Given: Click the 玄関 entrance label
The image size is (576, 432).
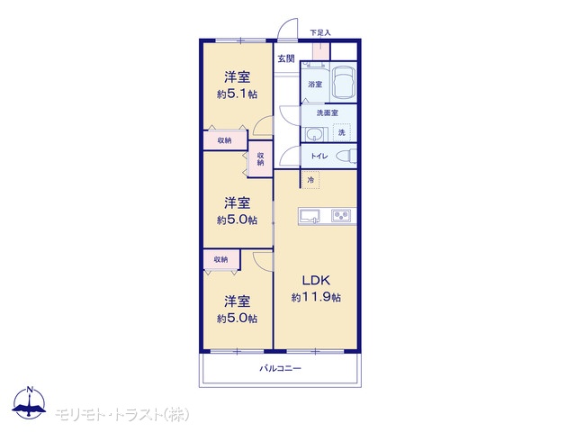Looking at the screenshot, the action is tap(286, 58).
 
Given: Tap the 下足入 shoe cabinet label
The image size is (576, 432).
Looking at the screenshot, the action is tap(320, 32).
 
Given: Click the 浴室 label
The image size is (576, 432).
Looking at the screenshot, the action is tap(315, 84).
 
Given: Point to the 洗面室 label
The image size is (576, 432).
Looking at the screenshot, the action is tap(328, 112).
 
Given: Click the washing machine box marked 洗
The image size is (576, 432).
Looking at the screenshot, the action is tap(342, 132).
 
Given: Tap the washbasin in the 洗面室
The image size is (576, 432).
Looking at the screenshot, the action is tap(314, 134).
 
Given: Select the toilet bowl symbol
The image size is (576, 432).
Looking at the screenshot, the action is tap(346, 156).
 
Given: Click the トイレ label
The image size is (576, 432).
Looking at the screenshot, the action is tap(319, 156).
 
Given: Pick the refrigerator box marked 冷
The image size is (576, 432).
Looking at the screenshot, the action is tap(310, 180).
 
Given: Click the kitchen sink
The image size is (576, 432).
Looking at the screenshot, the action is tap(310, 216).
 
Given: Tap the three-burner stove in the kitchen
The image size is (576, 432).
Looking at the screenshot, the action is tap(341, 215).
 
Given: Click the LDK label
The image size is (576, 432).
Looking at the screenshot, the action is tap(316, 280).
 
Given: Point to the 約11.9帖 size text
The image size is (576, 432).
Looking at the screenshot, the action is tap(316, 297).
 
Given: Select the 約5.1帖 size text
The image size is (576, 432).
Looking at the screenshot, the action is tap(237, 94).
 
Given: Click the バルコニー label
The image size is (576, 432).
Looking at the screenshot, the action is tap(280, 368).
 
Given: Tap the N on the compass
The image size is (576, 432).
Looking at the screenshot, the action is tap(30, 390).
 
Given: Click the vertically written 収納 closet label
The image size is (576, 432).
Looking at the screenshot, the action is tap(260, 158).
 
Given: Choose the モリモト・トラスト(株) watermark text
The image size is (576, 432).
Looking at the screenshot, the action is tap(122, 415).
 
